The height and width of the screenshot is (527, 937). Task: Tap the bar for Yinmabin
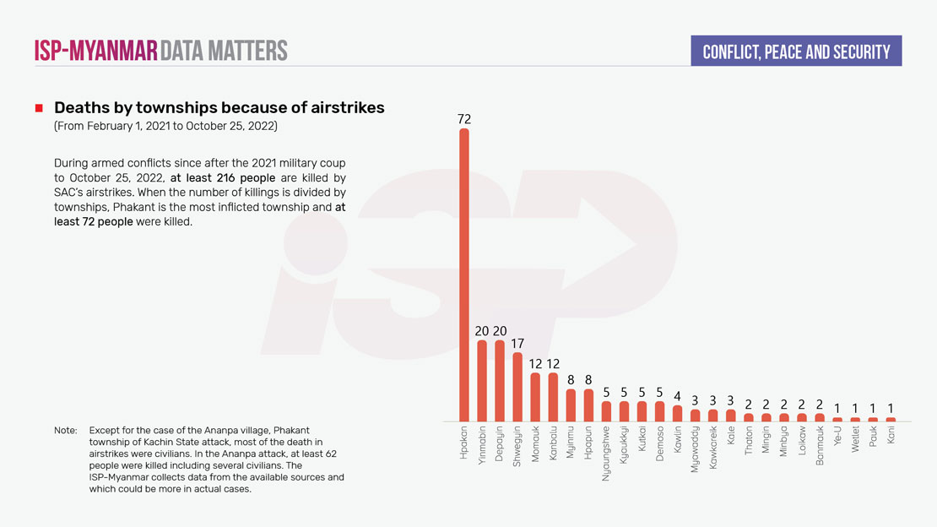(482, 380)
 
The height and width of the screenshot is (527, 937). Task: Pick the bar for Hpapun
(589, 405)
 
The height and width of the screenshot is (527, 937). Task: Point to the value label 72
(464, 119)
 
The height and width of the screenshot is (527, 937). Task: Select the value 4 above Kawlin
(677, 396)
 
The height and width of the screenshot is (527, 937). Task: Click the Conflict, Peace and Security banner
(796, 52)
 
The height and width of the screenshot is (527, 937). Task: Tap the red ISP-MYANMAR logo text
(95, 51)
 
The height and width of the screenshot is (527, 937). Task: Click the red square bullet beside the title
(39, 109)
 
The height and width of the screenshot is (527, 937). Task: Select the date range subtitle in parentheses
(165, 126)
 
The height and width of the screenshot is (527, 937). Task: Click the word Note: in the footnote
(66, 431)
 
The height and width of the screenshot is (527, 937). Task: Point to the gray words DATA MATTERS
(224, 51)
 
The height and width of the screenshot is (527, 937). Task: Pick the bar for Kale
(731, 416)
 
